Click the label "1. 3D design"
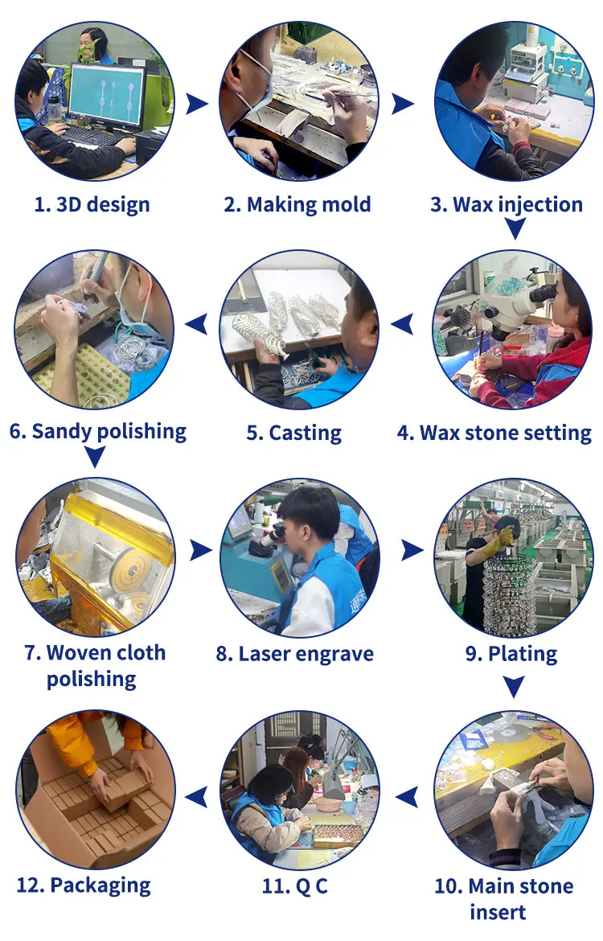coord(92,204)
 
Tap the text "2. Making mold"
coord(297,204)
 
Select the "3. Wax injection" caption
coord(507,204)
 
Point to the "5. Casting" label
coord(294,433)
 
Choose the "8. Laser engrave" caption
coord(294,654)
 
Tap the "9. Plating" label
coord(511,654)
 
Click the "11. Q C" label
coord(295,886)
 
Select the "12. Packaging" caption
coord(84,886)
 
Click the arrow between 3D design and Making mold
coord(195,103)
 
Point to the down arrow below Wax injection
coord(515,228)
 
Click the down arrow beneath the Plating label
coord(514,687)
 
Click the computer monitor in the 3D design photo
coord(108,96)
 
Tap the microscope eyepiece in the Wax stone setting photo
coord(543,294)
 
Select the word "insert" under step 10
coord(498,912)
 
